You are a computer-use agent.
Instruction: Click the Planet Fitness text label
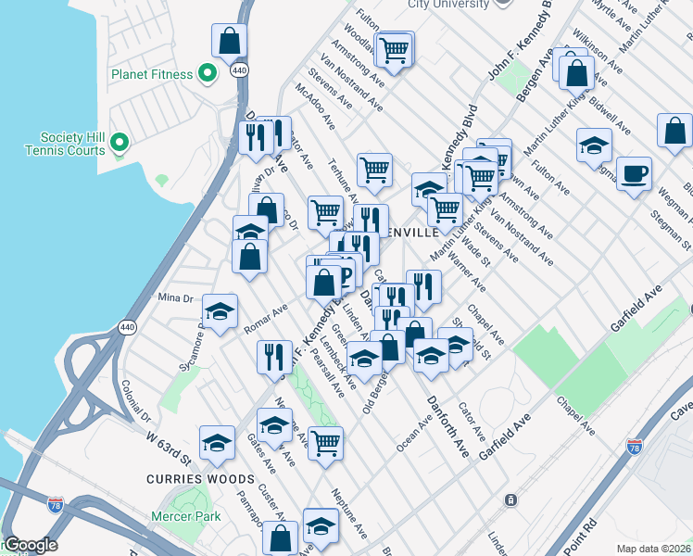pyautogui.click(x=152, y=74)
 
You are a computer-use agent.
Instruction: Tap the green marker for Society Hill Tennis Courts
pyautogui.click(x=118, y=142)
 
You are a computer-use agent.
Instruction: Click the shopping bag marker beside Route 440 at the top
pyautogui.click(x=229, y=42)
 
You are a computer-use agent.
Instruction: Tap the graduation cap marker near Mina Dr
pyautogui.click(x=220, y=312)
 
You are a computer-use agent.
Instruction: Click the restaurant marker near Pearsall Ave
pyautogui.click(x=274, y=357)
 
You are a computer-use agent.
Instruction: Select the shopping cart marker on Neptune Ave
pyautogui.click(x=325, y=444)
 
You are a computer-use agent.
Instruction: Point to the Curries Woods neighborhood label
pyautogui.click(x=199, y=478)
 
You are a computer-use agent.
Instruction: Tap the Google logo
pyautogui.click(x=30, y=545)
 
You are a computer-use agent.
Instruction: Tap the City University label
pyautogui.click(x=447, y=4)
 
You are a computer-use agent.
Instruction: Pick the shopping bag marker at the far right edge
pyautogui.click(x=674, y=132)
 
